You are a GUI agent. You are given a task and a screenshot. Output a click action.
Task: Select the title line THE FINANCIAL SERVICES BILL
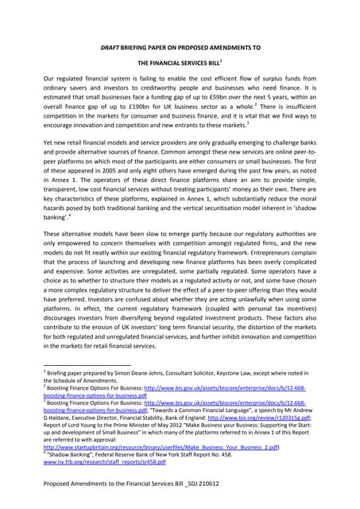click(179, 60)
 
